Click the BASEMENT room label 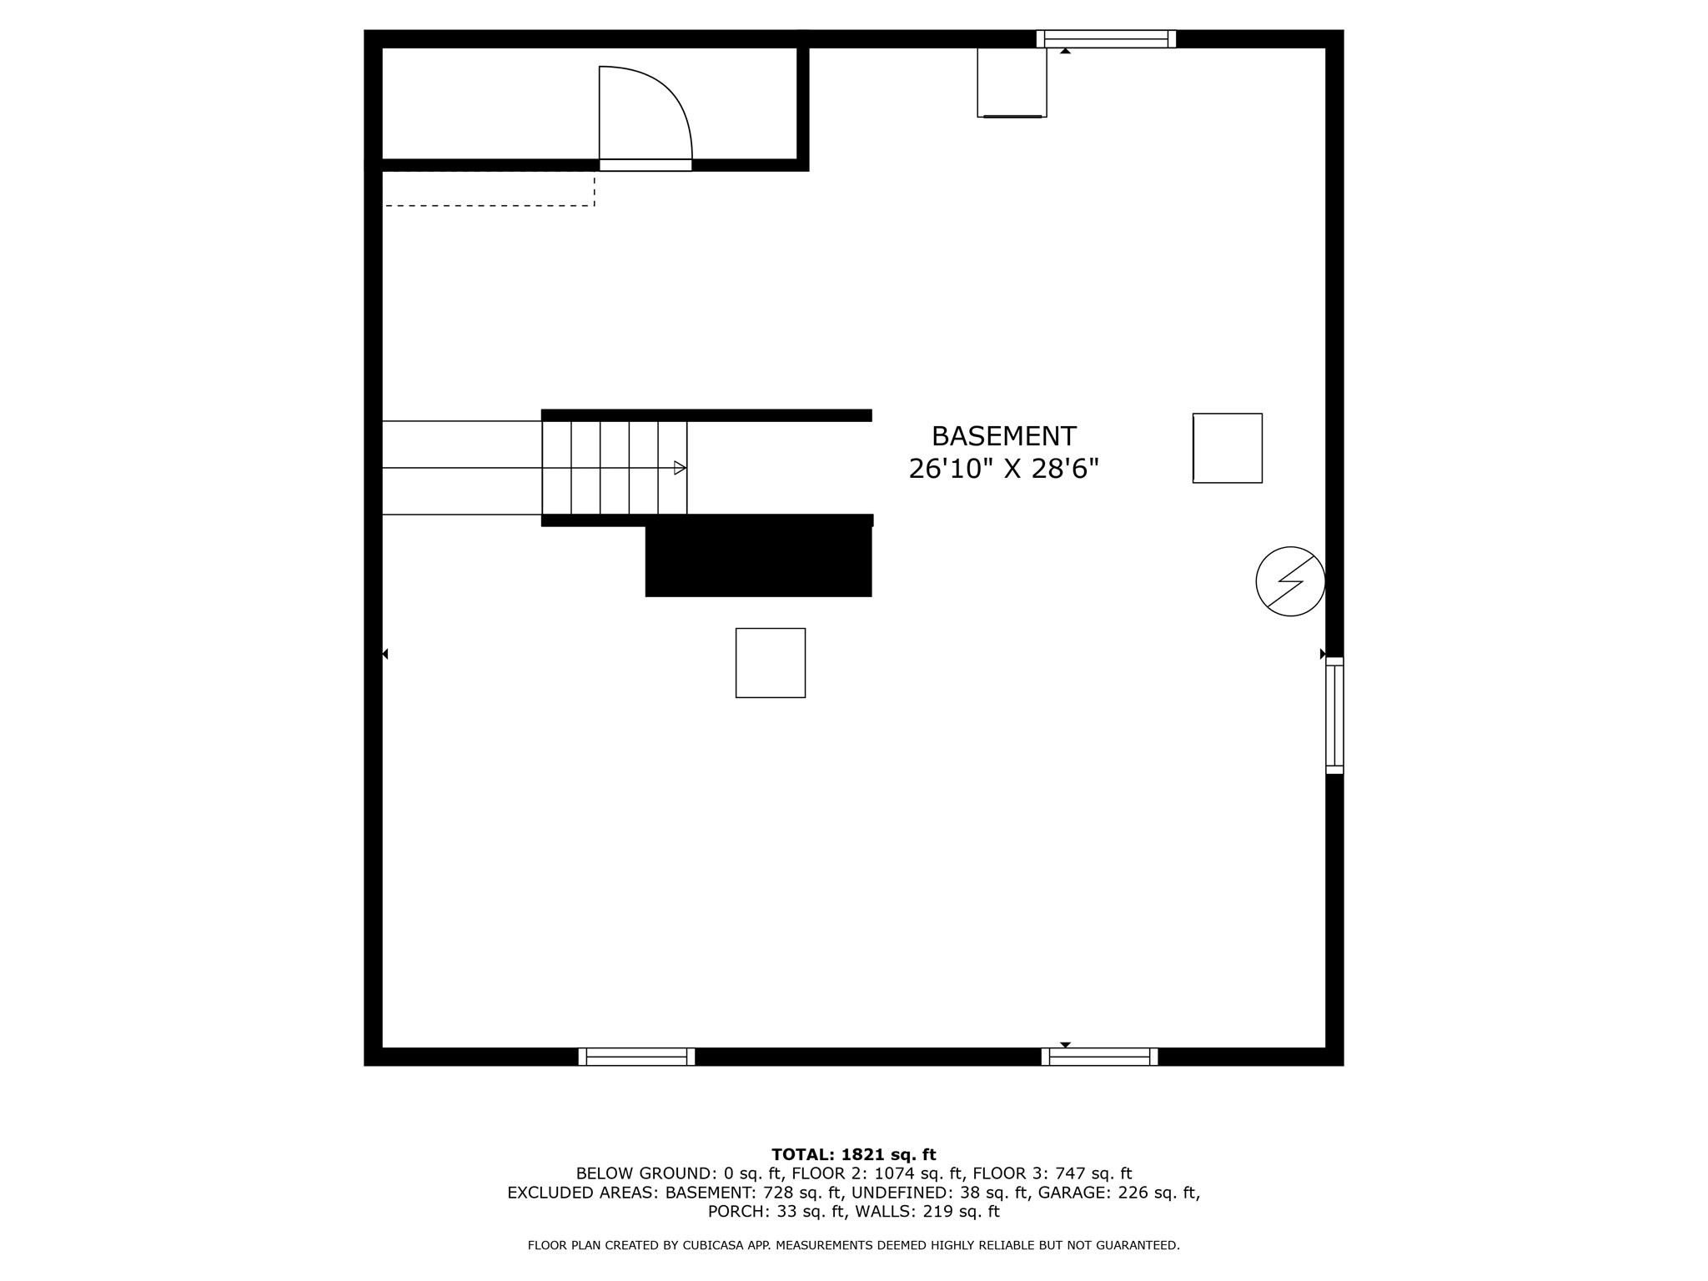[x=1003, y=436]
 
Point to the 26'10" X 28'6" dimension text [x=1003, y=470]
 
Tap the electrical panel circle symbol [x=1290, y=581]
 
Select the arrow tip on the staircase [x=681, y=468]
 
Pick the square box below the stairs [x=771, y=663]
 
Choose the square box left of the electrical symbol [x=1228, y=448]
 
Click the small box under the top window [x=1012, y=82]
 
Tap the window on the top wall [x=1106, y=39]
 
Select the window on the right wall [x=1334, y=716]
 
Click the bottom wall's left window [x=636, y=1057]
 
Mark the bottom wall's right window [x=1099, y=1057]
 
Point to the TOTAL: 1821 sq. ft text [x=854, y=1155]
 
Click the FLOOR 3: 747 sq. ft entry [x=1052, y=1174]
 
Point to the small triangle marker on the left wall [x=385, y=654]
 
